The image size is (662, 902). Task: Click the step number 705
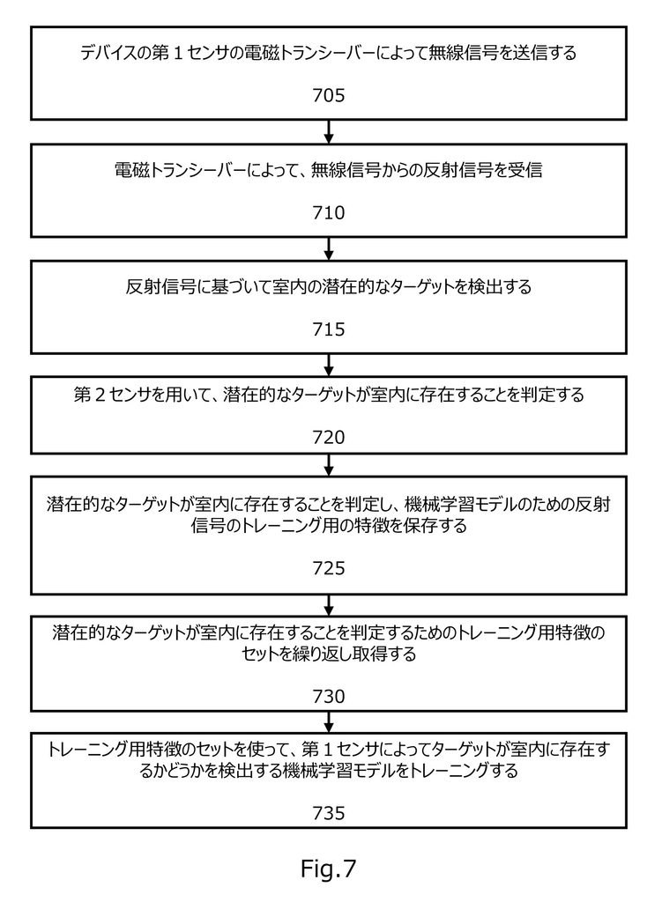pyautogui.click(x=328, y=95)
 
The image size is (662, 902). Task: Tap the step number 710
pyautogui.click(x=328, y=213)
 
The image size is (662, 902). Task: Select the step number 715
pyautogui.click(x=328, y=329)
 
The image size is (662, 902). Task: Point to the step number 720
pyautogui.click(x=328, y=437)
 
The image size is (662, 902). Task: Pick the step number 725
pyautogui.click(x=328, y=568)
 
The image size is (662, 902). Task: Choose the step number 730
pyautogui.click(x=328, y=697)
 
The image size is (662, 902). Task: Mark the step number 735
pyautogui.click(x=328, y=813)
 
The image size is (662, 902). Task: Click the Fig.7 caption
pyautogui.click(x=328, y=869)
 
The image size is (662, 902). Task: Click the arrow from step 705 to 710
pyautogui.click(x=329, y=132)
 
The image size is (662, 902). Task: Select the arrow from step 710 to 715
pyautogui.click(x=329, y=248)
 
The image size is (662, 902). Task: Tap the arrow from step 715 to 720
pyautogui.click(x=329, y=366)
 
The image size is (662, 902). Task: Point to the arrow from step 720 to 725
pyautogui.click(x=329, y=465)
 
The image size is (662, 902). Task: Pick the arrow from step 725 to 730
pyautogui.click(x=329, y=605)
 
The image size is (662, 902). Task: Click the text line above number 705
pyautogui.click(x=328, y=54)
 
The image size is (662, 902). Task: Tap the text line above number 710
pyautogui.click(x=328, y=170)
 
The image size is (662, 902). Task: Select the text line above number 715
pyautogui.click(x=328, y=286)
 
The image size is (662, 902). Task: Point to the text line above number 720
pyautogui.click(x=328, y=395)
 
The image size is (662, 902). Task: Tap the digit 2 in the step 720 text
pyautogui.click(x=98, y=396)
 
